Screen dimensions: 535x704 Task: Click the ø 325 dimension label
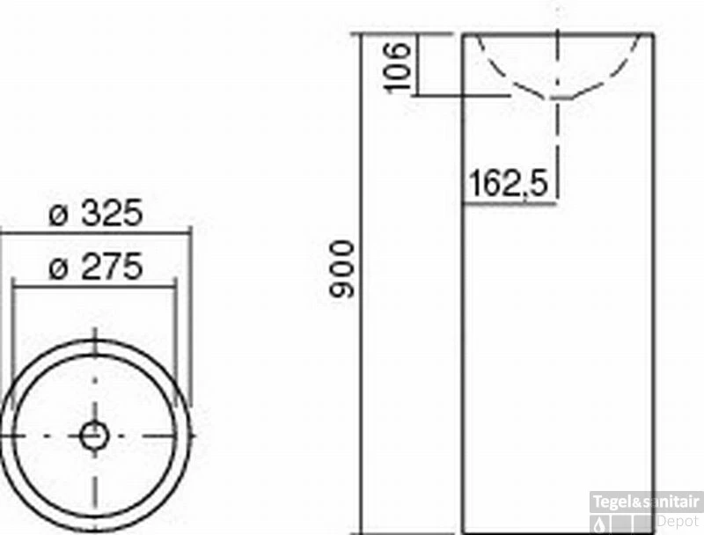[x=95, y=213]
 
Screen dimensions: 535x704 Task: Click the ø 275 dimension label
[x=95, y=267]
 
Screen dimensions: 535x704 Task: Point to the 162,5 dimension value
[x=508, y=185]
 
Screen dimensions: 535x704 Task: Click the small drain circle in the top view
[x=93, y=434]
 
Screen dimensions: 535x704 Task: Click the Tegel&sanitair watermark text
[x=646, y=502]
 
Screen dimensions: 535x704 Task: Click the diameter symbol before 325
[x=58, y=214]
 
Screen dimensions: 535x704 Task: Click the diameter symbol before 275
[x=58, y=268]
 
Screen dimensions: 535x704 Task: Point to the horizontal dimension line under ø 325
[x=95, y=232]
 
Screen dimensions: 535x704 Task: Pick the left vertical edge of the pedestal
[x=463, y=352]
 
